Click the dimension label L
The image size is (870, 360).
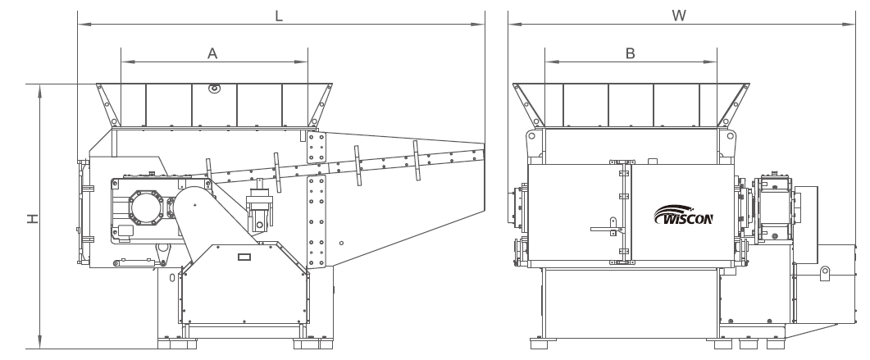point(279,16)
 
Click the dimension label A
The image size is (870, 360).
point(212,53)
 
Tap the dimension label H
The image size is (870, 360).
point(34,219)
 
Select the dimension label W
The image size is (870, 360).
point(679,16)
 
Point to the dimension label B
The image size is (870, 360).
point(631,53)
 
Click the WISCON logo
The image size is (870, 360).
point(684,215)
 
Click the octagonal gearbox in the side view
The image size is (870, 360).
point(146,207)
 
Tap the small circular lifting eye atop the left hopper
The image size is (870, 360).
point(214,89)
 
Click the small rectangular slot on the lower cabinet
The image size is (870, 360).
point(244,257)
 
